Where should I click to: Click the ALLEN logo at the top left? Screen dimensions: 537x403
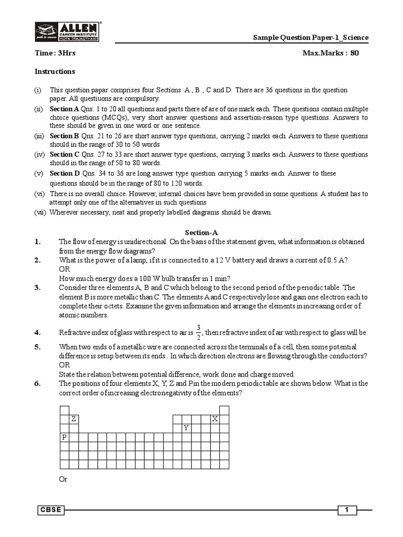67,31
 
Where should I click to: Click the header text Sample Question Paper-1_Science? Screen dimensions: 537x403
311,38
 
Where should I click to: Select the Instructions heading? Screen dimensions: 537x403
55,71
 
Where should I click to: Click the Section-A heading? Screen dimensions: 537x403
201,232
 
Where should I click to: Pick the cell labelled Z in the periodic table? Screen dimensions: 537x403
74,419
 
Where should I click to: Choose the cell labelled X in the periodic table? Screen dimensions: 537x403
215,419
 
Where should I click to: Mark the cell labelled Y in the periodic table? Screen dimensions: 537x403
186,428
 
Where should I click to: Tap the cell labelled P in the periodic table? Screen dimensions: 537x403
65,437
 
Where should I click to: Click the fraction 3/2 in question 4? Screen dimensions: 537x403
198,332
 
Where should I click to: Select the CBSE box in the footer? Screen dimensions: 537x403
50,510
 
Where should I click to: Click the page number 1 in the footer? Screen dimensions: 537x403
346,510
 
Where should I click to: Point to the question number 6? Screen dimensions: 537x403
38,383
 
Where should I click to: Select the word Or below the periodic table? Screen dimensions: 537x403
63,479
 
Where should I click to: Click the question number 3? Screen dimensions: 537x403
38,287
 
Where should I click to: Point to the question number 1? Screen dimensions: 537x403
38,242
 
